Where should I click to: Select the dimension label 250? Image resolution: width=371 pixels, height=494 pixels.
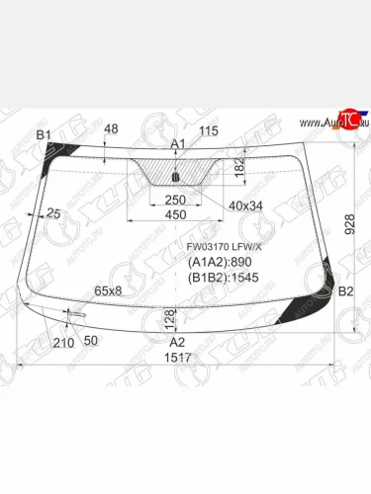[x=175, y=200]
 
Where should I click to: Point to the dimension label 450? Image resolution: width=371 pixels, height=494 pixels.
[x=175, y=215]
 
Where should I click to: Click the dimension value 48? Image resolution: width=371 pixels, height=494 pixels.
[x=110, y=129]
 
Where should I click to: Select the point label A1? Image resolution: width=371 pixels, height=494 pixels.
[x=178, y=145]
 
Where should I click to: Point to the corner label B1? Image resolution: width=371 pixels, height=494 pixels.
[x=43, y=134]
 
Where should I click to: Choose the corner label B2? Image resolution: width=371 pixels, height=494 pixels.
[x=346, y=292]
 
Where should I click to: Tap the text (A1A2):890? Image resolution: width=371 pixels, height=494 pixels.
[x=220, y=263]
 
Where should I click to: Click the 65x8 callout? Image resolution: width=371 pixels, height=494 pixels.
[x=108, y=290]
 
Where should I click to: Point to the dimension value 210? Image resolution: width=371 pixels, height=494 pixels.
[x=63, y=342]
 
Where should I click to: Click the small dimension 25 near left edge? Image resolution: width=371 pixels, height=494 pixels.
[x=52, y=213]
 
